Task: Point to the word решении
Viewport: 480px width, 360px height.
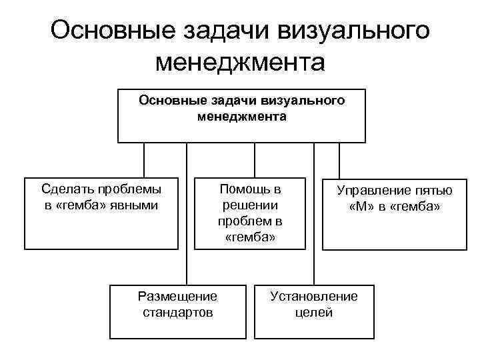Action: [250, 205]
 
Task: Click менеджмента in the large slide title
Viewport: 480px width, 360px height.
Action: [239, 63]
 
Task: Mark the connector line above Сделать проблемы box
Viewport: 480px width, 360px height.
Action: [145, 160]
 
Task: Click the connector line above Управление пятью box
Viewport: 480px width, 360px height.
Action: [339, 160]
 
